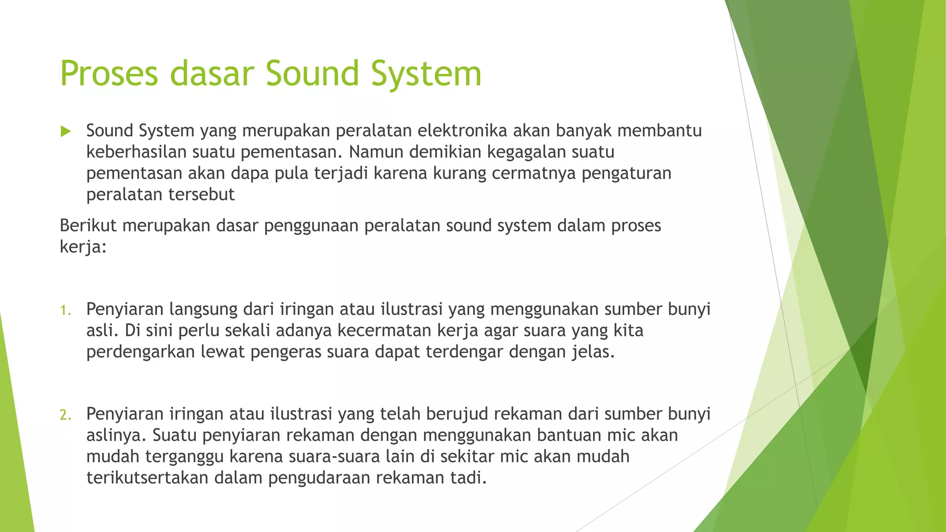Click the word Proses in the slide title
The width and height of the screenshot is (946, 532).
109,74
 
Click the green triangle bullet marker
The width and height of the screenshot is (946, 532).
66,132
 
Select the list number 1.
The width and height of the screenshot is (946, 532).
66,310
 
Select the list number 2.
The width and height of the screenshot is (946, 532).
66,415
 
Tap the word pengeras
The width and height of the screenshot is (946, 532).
285,352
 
